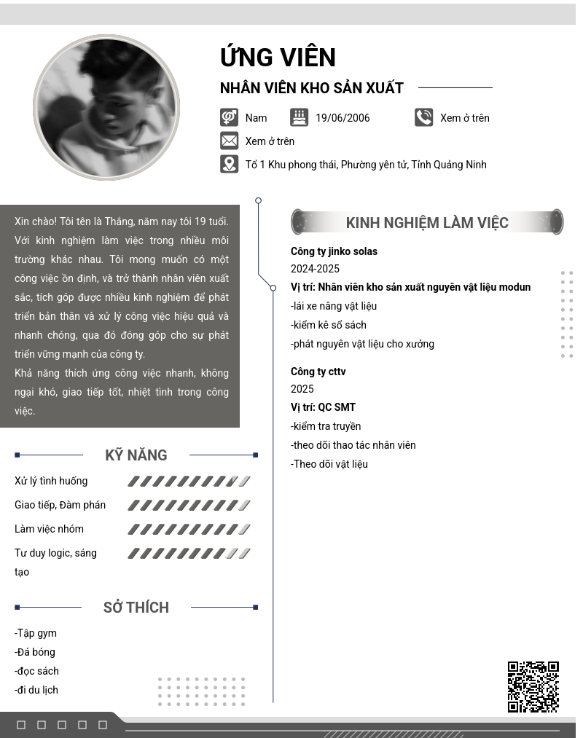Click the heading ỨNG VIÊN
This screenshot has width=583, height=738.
[278, 58]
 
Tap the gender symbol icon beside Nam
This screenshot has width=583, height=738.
[229, 117]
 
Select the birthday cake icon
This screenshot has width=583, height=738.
[299, 117]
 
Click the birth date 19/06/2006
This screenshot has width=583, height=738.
[343, 118]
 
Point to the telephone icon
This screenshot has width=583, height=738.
[423, 117]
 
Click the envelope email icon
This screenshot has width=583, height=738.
[229, 141]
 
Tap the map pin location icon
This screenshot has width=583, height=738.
[229, 164]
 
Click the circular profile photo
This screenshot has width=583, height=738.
[106, 107]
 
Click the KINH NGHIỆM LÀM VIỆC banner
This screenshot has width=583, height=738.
[427, 222]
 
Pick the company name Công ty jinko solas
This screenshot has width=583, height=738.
[334, 251]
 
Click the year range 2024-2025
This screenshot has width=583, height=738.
[315, 269]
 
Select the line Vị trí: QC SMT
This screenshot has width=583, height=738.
[323, 407]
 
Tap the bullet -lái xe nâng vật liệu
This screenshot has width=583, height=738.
[334, 306]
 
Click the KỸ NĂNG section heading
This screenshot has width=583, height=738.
[136, 455]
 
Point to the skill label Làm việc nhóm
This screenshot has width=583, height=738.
[49, 529]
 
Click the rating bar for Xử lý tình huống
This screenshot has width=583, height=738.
[189, 481]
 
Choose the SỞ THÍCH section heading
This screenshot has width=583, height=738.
[136, 608]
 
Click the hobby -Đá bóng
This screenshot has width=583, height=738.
[35, 652]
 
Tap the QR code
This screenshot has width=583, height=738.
[533, 686]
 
